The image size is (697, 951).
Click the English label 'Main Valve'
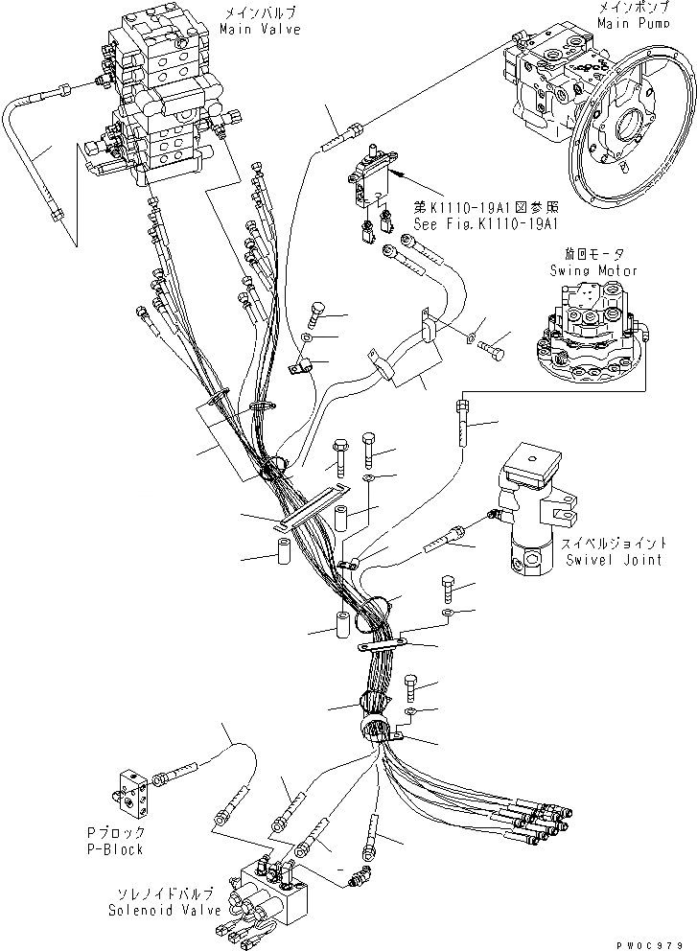point(259,30)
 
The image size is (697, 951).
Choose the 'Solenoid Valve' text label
point(172,910)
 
